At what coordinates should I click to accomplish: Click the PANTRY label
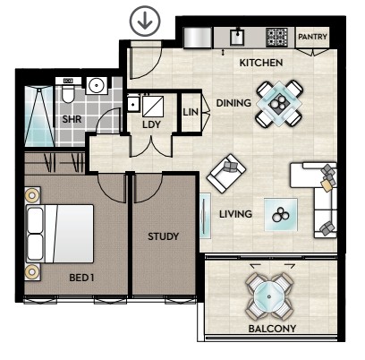312,37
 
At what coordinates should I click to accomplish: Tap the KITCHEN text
261,63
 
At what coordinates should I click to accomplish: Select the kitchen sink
237,38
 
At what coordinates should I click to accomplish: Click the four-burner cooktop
276,37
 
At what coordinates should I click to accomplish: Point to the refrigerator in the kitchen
198,38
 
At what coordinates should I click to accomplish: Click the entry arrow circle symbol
145,21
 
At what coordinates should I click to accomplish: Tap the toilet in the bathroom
68,90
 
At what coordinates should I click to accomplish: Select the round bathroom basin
97,85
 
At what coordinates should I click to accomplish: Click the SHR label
72,120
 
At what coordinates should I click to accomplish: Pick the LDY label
151,124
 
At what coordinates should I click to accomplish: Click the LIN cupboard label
191,112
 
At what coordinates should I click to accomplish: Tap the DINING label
233,103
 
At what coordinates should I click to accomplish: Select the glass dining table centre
279,103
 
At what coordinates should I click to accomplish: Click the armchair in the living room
226,173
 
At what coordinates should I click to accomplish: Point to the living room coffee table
281,214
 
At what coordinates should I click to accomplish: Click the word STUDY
164,236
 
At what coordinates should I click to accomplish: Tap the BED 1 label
81,278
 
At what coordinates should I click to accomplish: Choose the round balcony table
269,296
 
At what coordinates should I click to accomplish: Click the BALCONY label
272,329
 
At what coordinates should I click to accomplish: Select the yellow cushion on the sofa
327,185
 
